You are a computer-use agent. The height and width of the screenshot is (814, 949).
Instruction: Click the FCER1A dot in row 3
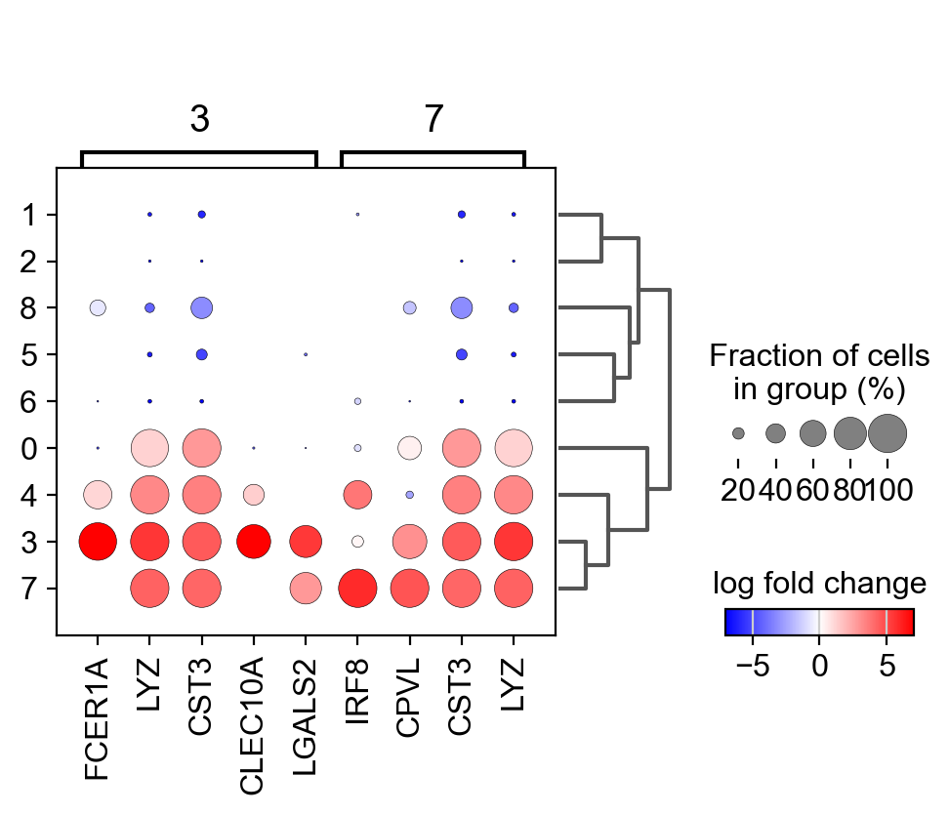(x=98, y=541)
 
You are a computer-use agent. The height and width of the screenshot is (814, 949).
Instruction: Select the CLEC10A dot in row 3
(x=253, y=541)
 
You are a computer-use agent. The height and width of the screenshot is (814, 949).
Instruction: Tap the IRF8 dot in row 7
(x=357, y=588)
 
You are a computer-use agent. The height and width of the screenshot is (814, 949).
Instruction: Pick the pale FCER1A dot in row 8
(x=98, y=307)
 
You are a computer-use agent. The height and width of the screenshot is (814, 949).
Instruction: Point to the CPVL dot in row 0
(x=409, y=448)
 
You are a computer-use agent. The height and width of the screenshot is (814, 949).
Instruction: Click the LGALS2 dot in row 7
(x=306, y=588)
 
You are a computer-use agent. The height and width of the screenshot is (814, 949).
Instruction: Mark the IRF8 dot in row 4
(x=357, y=495)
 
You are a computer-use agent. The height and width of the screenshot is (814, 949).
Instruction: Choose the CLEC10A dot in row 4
(x=253, y=495)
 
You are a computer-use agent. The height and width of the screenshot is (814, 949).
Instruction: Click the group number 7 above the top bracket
(x=433, y=119)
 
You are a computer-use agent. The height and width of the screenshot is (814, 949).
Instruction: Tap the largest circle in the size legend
(x=887, y=432)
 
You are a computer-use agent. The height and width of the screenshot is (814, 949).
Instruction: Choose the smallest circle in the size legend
(x=738, y=432)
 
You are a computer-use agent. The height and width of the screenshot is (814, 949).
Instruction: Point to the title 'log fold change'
(x=819, y=584)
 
